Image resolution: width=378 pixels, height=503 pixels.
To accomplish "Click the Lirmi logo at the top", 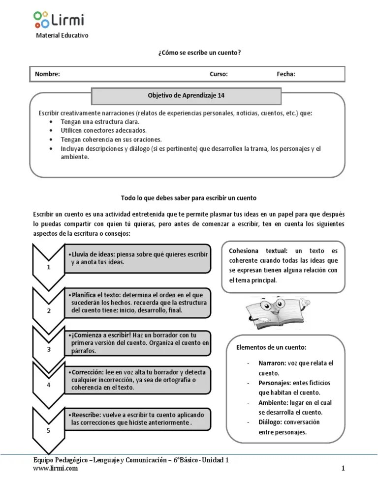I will pos(59,19).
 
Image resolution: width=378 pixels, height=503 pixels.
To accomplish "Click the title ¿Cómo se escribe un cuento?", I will pos(199,52).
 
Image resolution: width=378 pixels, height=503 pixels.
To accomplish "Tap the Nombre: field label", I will pos(47,74).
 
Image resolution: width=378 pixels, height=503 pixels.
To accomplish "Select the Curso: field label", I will pos(219,74).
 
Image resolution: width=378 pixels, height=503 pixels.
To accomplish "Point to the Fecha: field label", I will pos(286,74).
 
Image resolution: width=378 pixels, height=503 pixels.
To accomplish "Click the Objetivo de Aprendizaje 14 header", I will pos(187,95).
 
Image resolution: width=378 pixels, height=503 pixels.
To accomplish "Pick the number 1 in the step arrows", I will pos(49,267).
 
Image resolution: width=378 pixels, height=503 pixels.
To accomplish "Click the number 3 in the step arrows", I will pos(49,349).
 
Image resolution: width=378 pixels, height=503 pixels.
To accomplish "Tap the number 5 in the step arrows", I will pos(48,431).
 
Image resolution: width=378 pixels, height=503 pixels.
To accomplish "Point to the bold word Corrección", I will pos(88,372).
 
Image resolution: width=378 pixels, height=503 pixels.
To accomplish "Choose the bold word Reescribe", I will pos(87,415).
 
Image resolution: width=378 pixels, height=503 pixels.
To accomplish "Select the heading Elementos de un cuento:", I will pos(271,347).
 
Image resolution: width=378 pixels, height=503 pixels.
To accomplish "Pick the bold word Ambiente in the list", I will pos(275,402).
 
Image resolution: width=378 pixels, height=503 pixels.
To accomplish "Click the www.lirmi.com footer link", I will pos(55,468).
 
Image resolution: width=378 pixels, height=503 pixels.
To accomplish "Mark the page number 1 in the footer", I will pos(343,468).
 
